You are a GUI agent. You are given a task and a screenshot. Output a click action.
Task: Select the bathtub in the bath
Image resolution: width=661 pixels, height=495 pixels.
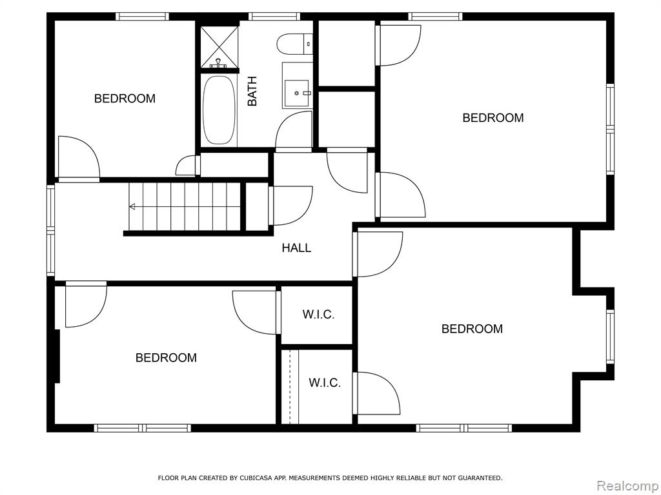coord(219,110)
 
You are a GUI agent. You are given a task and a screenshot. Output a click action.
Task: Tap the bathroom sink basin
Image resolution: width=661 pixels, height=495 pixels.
coord(298,93)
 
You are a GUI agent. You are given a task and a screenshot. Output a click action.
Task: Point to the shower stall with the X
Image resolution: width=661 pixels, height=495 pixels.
coord(219,46)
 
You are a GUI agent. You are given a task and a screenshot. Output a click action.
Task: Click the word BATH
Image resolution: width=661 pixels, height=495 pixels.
coord(252,91)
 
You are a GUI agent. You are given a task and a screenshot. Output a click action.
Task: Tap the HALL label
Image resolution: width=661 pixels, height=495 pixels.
coord(296,248)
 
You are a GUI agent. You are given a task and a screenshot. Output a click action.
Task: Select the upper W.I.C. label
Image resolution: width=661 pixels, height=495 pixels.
coord(318,315)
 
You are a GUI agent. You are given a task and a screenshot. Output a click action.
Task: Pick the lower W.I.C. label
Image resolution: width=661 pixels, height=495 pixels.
coord(325,383)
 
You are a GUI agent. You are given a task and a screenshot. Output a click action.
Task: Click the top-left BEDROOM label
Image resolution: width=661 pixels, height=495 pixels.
coord(125,99)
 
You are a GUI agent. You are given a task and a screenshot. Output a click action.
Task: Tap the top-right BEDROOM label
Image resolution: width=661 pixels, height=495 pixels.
coord(493,118)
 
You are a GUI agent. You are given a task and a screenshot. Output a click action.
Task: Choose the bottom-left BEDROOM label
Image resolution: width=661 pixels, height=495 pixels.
coord(166,358)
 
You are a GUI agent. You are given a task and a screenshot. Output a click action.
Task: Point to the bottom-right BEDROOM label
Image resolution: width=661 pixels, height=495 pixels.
coord(472,329)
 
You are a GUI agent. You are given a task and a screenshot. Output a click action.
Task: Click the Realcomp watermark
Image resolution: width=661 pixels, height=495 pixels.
coord(627,486)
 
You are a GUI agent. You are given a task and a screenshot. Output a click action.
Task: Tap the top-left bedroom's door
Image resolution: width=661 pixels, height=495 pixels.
coord(78,157)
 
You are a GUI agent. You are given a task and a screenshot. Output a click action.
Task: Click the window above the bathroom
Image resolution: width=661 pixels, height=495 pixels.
coord(274,16)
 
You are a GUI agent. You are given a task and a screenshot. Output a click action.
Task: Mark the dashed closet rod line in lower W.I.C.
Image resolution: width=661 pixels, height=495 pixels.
coord(290,387)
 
